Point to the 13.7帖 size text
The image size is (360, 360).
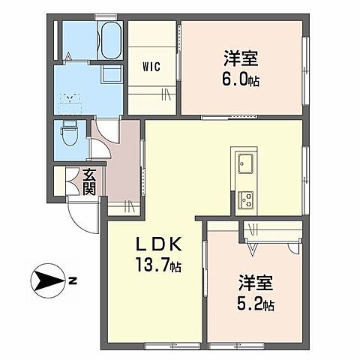157,266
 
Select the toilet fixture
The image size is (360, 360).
70,135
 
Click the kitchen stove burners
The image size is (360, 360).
245,199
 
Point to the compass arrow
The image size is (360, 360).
46,282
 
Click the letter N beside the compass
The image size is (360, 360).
72,282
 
